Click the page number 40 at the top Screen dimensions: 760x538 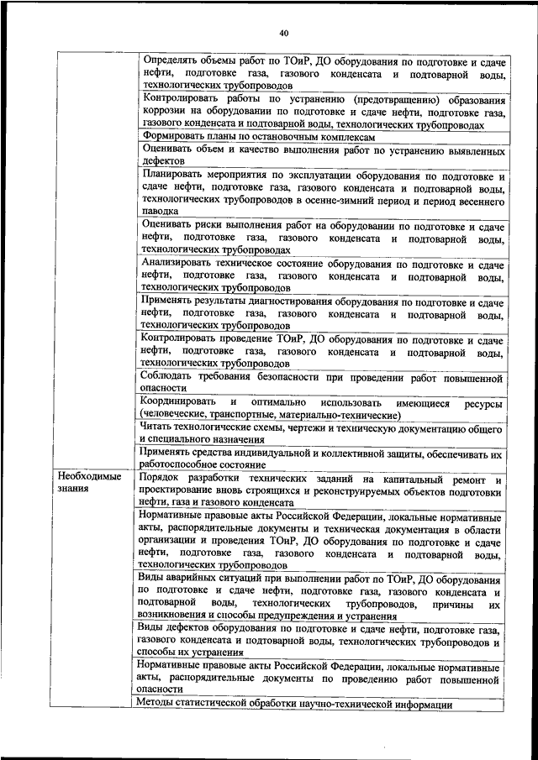[x=283, y=33]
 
